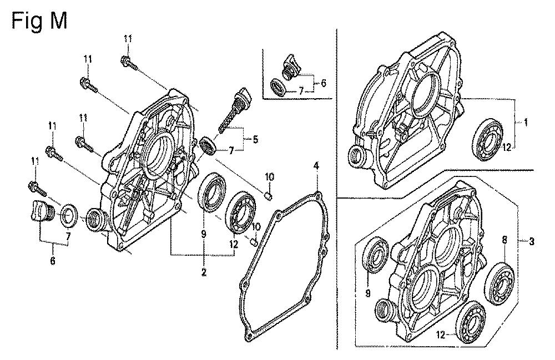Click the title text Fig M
pos(39,21)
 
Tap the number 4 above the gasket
pos(316,165)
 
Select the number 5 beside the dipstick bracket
pos(255,139)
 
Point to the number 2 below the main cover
pos(204,272)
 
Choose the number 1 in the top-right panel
pos(526,123)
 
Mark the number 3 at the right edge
pos(532,242)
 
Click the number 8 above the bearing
pos(504,240)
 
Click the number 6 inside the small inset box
pos(323,83)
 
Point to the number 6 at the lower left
pos(52,261)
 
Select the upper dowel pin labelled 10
pos(269,195)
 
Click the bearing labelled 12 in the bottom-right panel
pos(470,322)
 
